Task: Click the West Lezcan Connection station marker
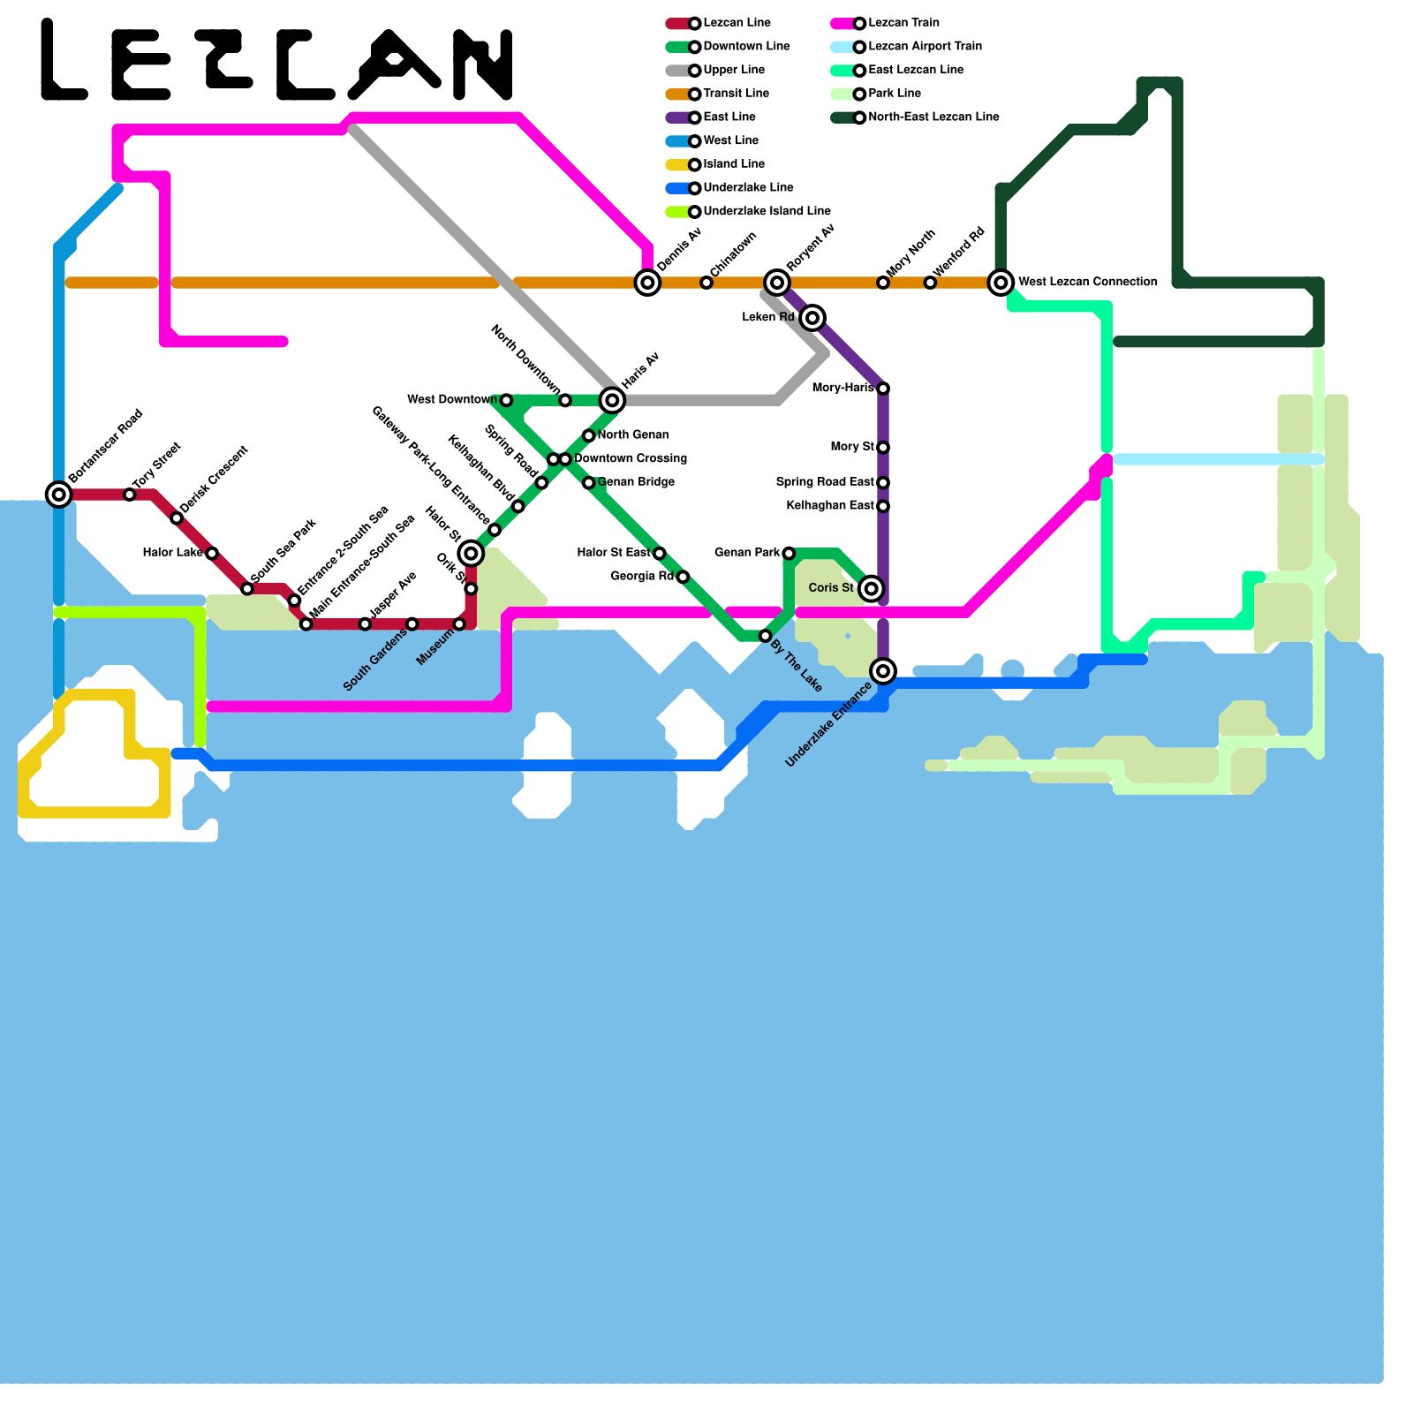click(x=1001, y=283)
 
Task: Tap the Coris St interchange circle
click(x=872, y=588)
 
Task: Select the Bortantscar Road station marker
click(x=59, y=494)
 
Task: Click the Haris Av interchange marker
click(x=612, y=400)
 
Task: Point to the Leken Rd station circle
click(x=813, y=317)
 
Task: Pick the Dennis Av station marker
click(x=647, y=283)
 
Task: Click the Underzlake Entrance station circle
click(x=883, y=671)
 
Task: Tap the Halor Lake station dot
click(x=212, y=554)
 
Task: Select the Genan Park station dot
click(x=789, y=554)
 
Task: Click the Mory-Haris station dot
click(x=883, y=389)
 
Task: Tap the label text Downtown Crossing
click(x=631, y=458)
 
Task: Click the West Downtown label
click(x=451, y=400)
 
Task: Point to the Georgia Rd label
click(x=642, y=577)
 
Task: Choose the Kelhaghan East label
click(x=829, y=506)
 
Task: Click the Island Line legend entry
click(x=733, y=164)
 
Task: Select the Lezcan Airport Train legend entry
click(x=924, y=47)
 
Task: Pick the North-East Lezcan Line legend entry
click(x=933, y=117)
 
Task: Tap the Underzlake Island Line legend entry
click(x=766, y=211)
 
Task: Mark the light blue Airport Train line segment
click(x=1219, y=459)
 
